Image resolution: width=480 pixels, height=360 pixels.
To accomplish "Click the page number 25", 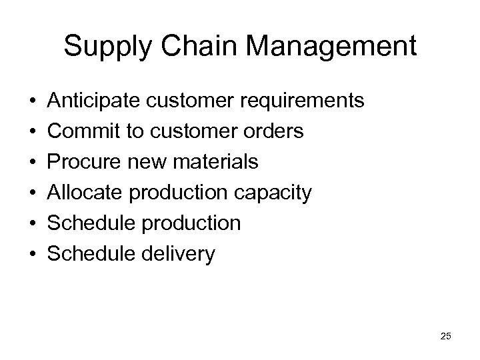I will [445, 337].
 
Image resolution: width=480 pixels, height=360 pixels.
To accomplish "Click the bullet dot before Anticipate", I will [33, 102].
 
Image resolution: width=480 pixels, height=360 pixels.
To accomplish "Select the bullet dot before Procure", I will [33, 163].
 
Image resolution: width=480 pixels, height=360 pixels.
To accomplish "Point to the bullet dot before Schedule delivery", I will [33, 255].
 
